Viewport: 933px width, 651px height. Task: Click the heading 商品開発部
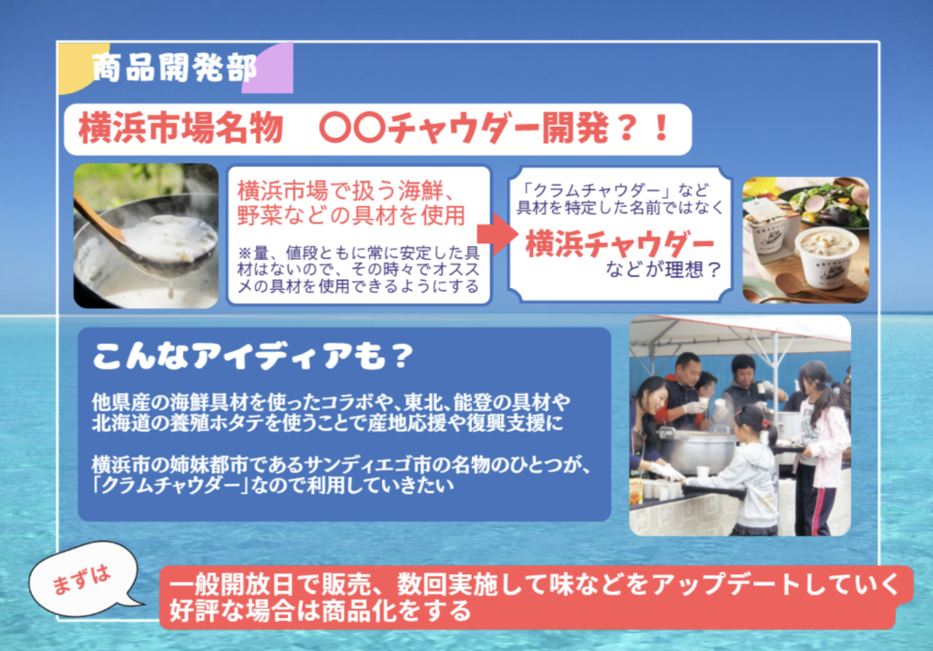point(174,67)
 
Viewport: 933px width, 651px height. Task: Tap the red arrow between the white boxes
point(497,233)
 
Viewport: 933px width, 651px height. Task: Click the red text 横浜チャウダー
point(620,244)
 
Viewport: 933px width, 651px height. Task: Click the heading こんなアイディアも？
point(252,356)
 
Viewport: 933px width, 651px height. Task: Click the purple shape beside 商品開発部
point(269,67)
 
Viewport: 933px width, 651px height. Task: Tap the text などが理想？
point(663,270)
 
